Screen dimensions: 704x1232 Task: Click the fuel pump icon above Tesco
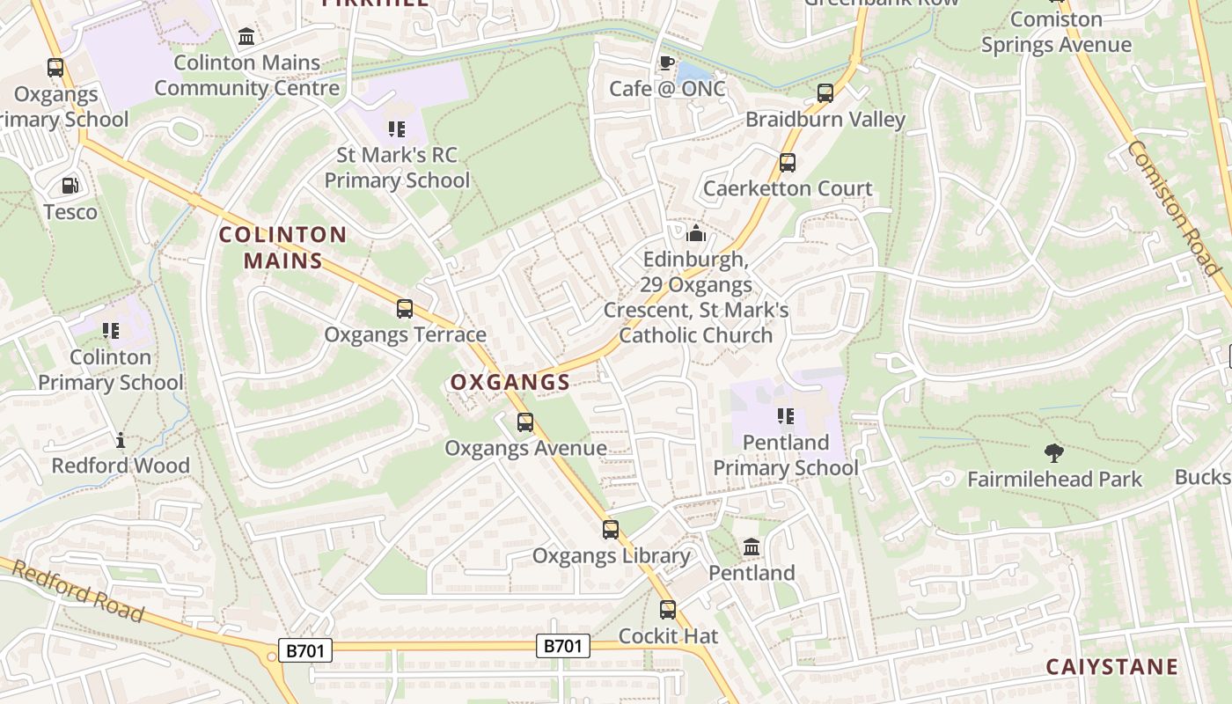pos(70,186)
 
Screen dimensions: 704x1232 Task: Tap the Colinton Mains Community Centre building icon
pos(247,37)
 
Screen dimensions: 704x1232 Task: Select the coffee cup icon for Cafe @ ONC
pos(667,63)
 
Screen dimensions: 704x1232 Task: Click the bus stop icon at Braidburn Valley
pos(825,93)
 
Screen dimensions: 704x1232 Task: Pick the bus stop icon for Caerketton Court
pos(788,163)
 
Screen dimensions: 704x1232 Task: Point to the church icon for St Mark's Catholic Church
pos(696,233)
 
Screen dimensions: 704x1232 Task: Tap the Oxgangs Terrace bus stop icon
pos(405,309)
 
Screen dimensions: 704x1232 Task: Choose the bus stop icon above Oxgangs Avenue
pos(525,422)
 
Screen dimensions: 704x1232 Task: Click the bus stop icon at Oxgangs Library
pos(611,530)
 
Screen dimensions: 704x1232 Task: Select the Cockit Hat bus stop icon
pos(668,610)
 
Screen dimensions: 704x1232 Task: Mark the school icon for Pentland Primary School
pos(785,416)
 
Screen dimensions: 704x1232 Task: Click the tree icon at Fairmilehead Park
pos(1053,454)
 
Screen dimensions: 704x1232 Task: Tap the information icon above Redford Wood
pos(121,440)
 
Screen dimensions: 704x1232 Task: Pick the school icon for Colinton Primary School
pos(111,331)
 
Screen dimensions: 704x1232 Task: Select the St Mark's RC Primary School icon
pos(397,129)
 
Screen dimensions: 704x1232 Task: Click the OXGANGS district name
pos(510,383)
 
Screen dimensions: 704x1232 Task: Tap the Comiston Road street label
pos(1173,208)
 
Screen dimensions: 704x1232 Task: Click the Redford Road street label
pos(78,592)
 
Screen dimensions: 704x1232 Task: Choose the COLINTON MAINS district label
pos(282,248)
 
